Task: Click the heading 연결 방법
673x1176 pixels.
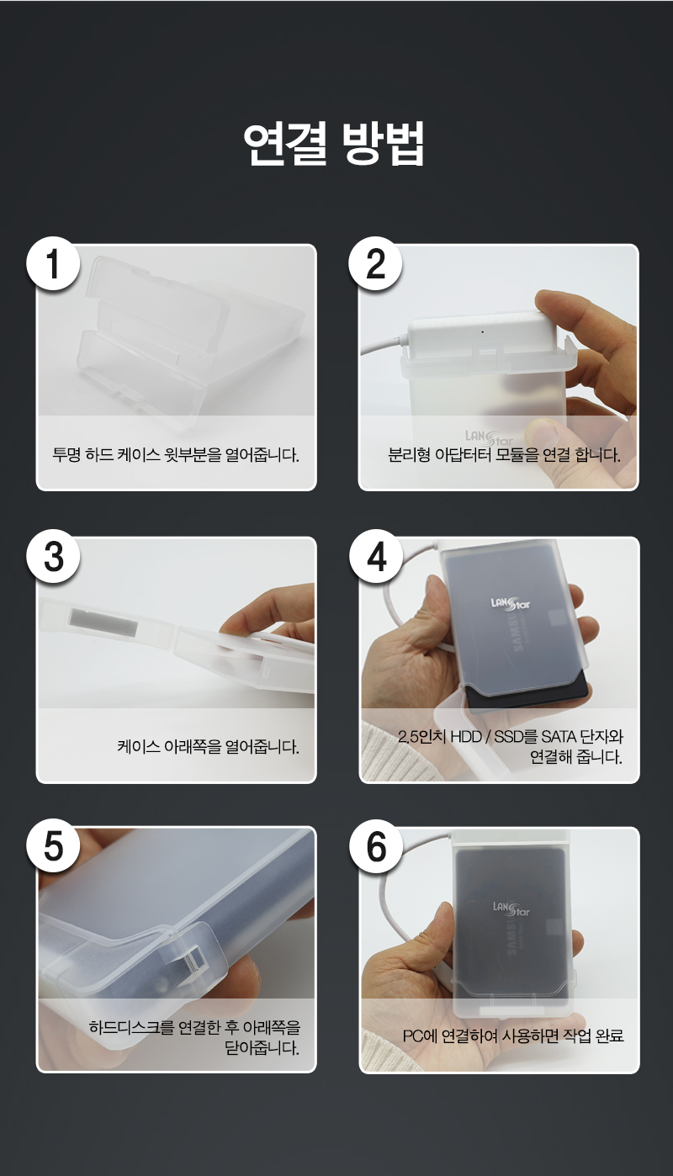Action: tap(334, 144)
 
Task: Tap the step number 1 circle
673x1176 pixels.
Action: tap(54, 264)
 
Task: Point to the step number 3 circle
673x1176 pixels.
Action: tap(54, 557)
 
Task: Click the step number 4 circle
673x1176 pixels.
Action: tap(376, 557)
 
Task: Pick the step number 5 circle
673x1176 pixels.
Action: tap(54, 846)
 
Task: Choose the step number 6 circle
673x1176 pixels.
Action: tap(376, 846)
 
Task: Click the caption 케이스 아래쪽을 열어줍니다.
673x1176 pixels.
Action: tap(209, 746)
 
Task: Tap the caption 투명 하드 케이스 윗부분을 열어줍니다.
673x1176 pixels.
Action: tap(176, 454)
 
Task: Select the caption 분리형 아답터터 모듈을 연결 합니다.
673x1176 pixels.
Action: tap(505, 454)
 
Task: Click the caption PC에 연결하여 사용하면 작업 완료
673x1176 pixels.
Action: tap(513, 1036)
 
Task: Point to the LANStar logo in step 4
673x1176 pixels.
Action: tap(511, 604)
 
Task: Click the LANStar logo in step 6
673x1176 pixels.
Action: tap(511, 908)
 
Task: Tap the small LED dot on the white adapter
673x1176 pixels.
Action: tap(483, 331)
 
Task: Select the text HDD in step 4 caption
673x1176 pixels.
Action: tap(466, 737)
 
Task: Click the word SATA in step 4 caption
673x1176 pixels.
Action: tap(559, 737)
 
